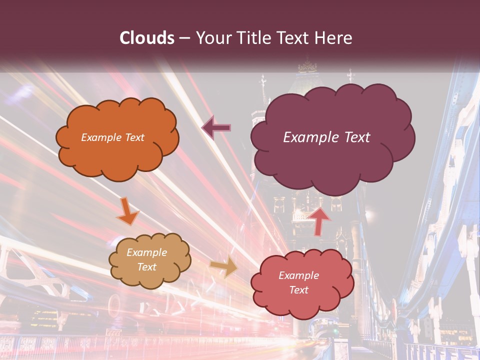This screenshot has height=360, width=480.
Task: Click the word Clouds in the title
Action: tap(147, 38)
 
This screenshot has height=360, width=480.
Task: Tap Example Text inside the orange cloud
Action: tap(112, 137)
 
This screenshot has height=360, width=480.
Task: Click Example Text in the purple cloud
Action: tap(326, 137)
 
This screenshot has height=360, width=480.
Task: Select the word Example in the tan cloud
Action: tap(146, 252)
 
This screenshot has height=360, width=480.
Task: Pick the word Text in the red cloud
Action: tap(298, 290)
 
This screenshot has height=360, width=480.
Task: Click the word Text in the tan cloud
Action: tap(146, 267)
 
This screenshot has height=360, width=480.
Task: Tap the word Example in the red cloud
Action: tap(298, 275)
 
